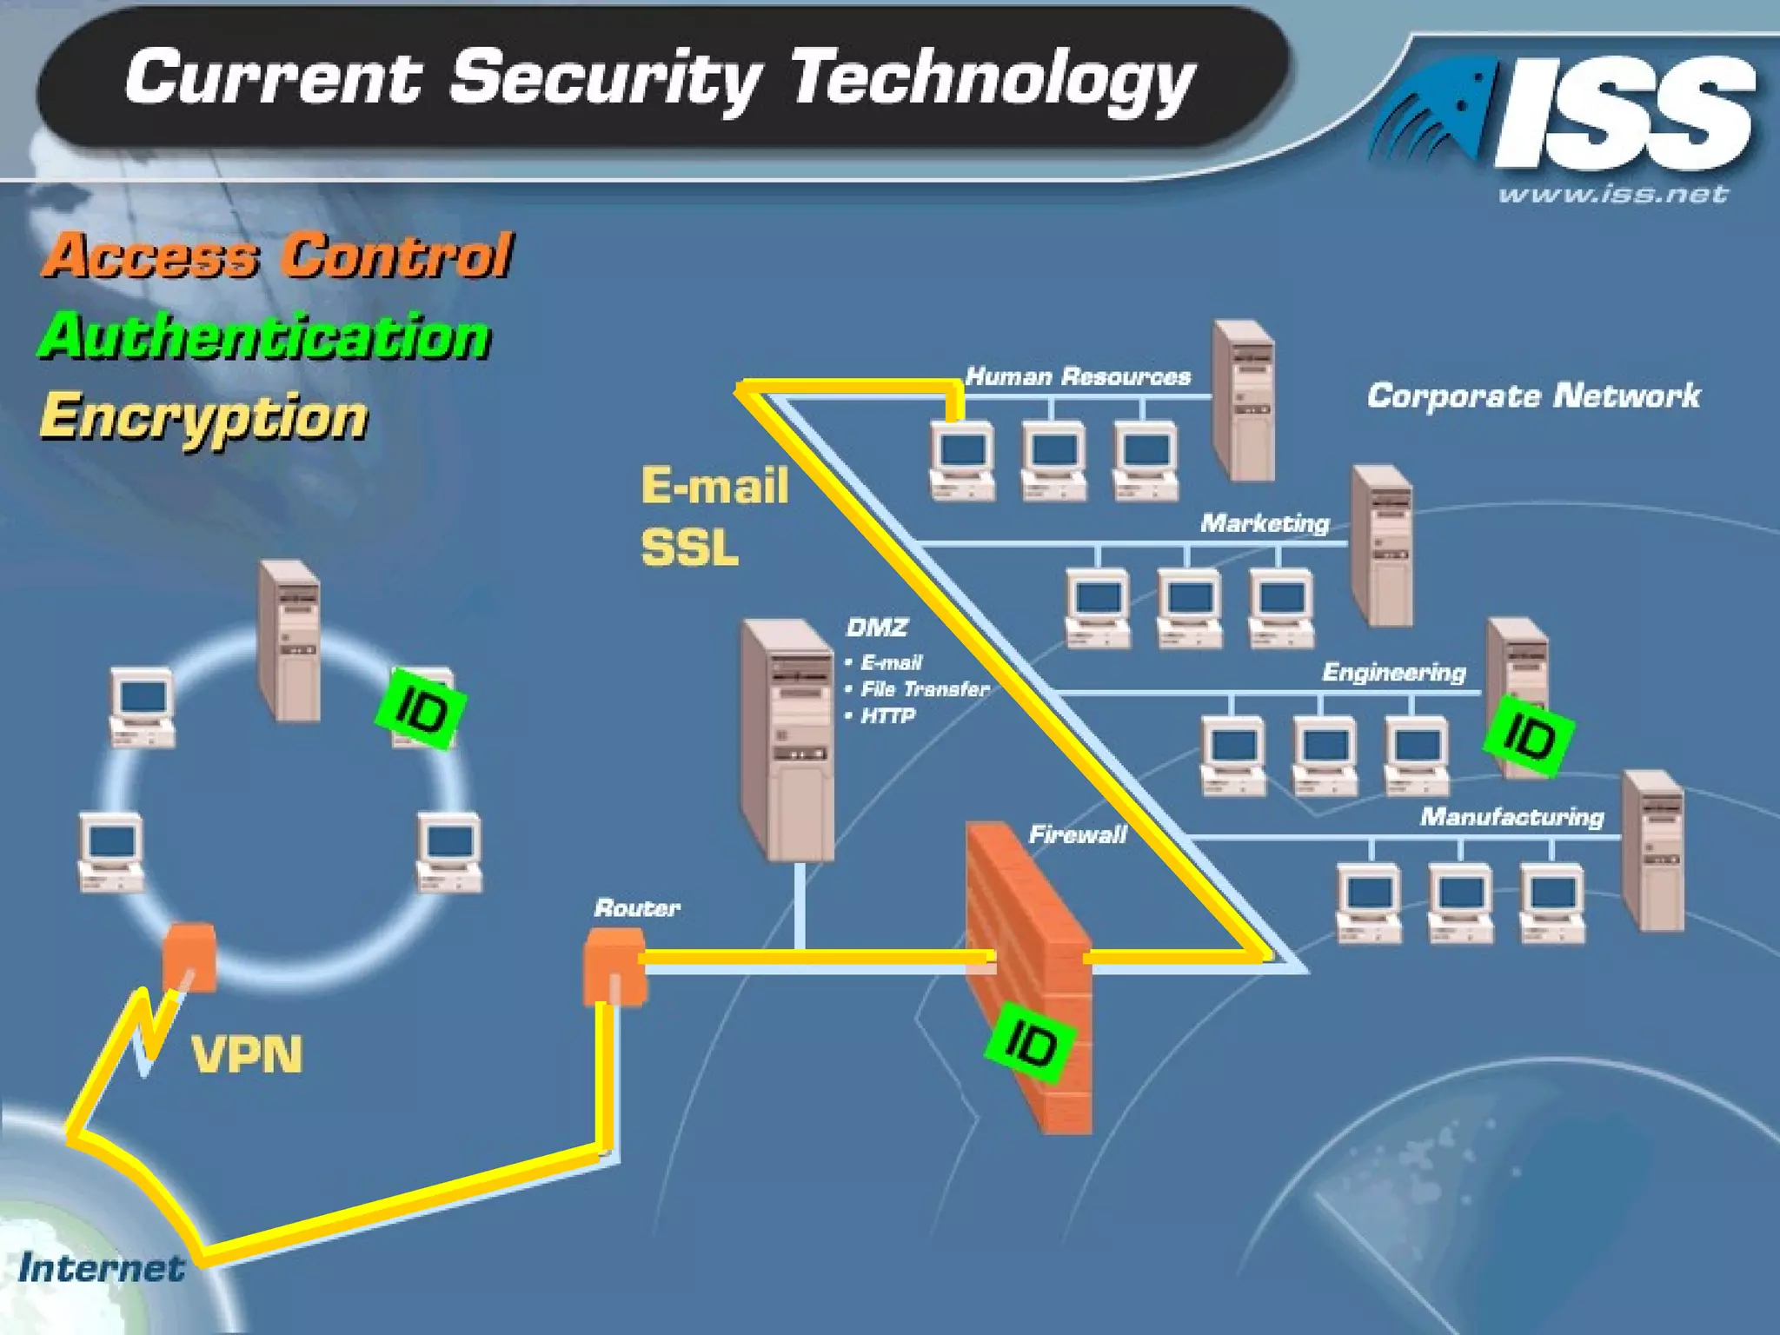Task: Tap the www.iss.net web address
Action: coord(1612,195)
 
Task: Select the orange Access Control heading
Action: coord(276,256)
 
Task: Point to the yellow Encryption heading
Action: coord(204,417)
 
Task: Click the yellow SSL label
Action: coord(689,548)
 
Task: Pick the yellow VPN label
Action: coord(247,1055)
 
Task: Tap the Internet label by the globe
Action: coord(101,1267)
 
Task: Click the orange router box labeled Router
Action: coord(615,965)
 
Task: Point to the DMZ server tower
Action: coord(787,739)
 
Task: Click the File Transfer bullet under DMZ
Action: coord(924,689)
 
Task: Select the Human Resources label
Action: coord(1078,376)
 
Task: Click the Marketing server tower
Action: coord(1381,545)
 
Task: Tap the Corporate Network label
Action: coord(1533,396)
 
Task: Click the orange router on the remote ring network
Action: coord(189,956)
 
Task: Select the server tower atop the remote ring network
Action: coord(289,640)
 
